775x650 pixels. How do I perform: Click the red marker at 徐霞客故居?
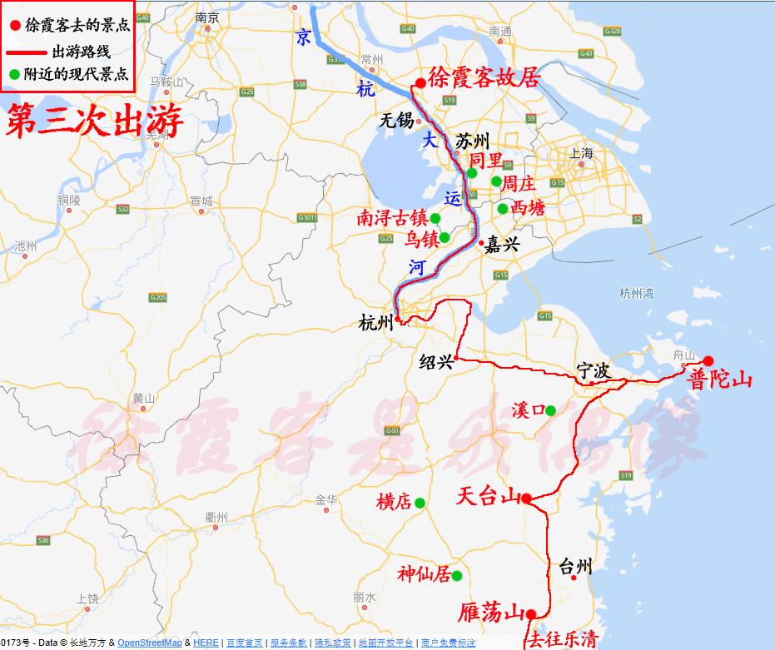(x=420, y=82)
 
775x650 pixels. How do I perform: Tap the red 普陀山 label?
(x=721, y=380)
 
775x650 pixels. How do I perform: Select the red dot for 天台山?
(x=526, y=499)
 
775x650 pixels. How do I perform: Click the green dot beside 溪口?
(x=550, y=410)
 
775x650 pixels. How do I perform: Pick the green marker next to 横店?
(x=420, y=503)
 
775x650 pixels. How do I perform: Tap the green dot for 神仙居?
(x=456, y=575)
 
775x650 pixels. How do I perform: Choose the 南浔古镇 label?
(x=392, y=219)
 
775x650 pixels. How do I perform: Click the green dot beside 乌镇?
(x=445, y=237)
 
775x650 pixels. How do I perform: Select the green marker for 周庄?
(x=497, y=181)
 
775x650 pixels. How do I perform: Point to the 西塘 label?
(x=529, y=208)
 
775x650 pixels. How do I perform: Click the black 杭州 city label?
(x=375, y=323)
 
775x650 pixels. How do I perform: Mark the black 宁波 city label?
(x=594, y=370)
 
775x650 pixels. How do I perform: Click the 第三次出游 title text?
(x=93, y=122)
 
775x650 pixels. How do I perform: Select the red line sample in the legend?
(x=27, y=52)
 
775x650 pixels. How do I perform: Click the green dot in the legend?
(x=14, y=74)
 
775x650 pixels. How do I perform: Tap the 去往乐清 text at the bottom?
(x=561, y=639)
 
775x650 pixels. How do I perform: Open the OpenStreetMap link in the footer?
(x=149, y=643)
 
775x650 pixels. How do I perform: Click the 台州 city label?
(x=575, y=568)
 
